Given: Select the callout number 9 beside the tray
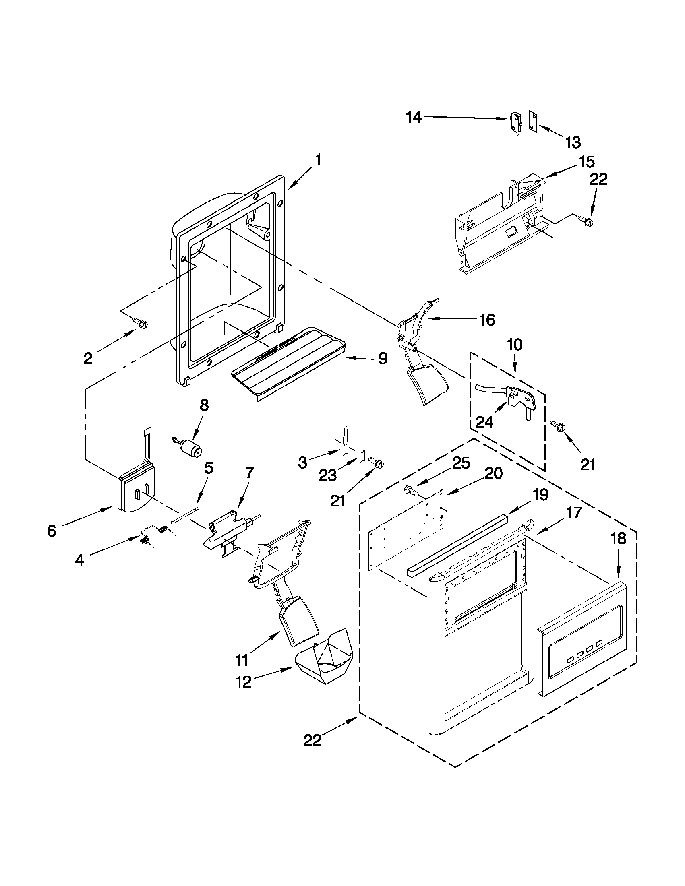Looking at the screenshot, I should pyautogui.click(x=383, y=358).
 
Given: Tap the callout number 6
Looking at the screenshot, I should pyautogui.click(x=52, y=531).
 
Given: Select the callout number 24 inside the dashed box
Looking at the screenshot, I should pyautogui.click(x=484, y=422).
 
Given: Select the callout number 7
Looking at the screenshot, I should pyautogui.click(x=249, y=472).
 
